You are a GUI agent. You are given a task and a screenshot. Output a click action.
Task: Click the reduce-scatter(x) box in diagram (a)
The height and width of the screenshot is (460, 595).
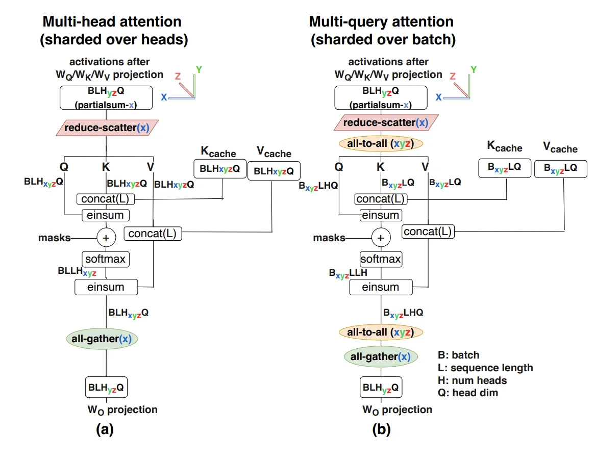(106, 127)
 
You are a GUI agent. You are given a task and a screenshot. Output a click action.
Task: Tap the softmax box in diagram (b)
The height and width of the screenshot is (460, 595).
(381, 259)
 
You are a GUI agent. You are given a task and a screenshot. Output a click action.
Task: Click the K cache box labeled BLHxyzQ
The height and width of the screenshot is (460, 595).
(219, 169)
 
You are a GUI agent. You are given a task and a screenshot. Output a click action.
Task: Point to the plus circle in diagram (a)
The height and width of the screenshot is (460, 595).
(106, 237)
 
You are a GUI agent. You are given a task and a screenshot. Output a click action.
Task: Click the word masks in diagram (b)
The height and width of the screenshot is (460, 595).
(329, 238)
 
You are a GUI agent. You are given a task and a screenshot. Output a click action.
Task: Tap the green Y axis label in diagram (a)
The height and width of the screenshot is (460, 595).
(199, 69)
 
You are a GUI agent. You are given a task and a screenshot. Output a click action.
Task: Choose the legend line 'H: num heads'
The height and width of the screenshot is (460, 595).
(473, 380)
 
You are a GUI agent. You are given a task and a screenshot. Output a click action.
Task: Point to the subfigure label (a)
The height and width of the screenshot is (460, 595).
(105, 429)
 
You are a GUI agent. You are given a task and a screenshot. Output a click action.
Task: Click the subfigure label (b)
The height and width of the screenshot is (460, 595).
(381, 429)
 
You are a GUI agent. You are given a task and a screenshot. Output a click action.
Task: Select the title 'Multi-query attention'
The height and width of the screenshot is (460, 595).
(381, 22)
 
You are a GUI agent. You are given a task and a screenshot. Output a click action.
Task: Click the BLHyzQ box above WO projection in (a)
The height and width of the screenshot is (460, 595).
(106, 388)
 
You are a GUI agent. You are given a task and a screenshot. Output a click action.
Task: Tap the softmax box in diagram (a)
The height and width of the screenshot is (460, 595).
(106, 259)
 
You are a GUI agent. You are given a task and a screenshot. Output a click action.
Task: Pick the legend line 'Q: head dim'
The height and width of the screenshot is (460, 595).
(468, 393)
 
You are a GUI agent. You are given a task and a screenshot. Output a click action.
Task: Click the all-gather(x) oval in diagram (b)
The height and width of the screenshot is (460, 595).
(381, 356)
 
